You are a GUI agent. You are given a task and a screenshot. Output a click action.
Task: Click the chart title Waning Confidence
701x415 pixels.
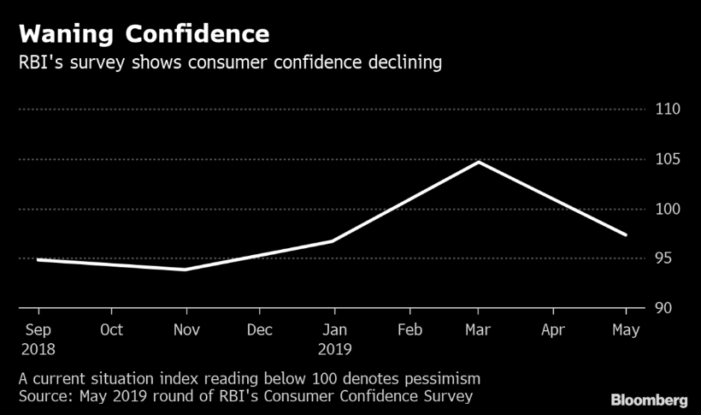pyautogui.click(x=144, y=34)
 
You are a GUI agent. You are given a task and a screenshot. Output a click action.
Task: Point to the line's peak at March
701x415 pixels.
pyautogui.click(x=478, y=162)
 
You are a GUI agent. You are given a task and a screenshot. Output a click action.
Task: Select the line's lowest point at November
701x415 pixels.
pyautogui.click(x=184, y=270)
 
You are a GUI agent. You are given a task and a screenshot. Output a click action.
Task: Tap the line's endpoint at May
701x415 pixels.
pyautogui.click(x=626, y=234)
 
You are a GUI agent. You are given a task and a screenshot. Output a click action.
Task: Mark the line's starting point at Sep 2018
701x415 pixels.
pyautogui.click(x=38, y=259)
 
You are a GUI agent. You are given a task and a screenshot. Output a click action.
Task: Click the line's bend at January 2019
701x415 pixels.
pyautogui.click(x=332, y=241)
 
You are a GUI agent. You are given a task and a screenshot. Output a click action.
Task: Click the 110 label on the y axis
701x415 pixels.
pyautogui.click(x=668, y=110)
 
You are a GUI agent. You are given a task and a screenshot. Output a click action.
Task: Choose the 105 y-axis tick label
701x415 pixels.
pyautogui.click(x=668, y=159)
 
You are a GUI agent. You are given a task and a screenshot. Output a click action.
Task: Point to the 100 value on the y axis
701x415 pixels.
pyautogui.click(x=668, y=209)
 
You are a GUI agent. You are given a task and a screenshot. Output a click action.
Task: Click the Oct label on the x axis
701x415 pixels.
pyautogui.click(x=111, y=329)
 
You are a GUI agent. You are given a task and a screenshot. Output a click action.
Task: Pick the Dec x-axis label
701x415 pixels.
pyautogui.click(x=259, y=329)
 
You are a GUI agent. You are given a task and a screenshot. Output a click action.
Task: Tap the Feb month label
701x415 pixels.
pyautogui.click(x=409, y=329)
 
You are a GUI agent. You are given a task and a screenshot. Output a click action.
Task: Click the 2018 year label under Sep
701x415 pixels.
pyautogui.click(x=38, y=349)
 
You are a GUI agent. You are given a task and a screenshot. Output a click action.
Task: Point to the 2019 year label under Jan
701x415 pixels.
pyautogui.click(x=333, y=349)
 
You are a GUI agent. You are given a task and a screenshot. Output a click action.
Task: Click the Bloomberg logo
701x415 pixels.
pyautogui.click(x=649, y=400)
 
